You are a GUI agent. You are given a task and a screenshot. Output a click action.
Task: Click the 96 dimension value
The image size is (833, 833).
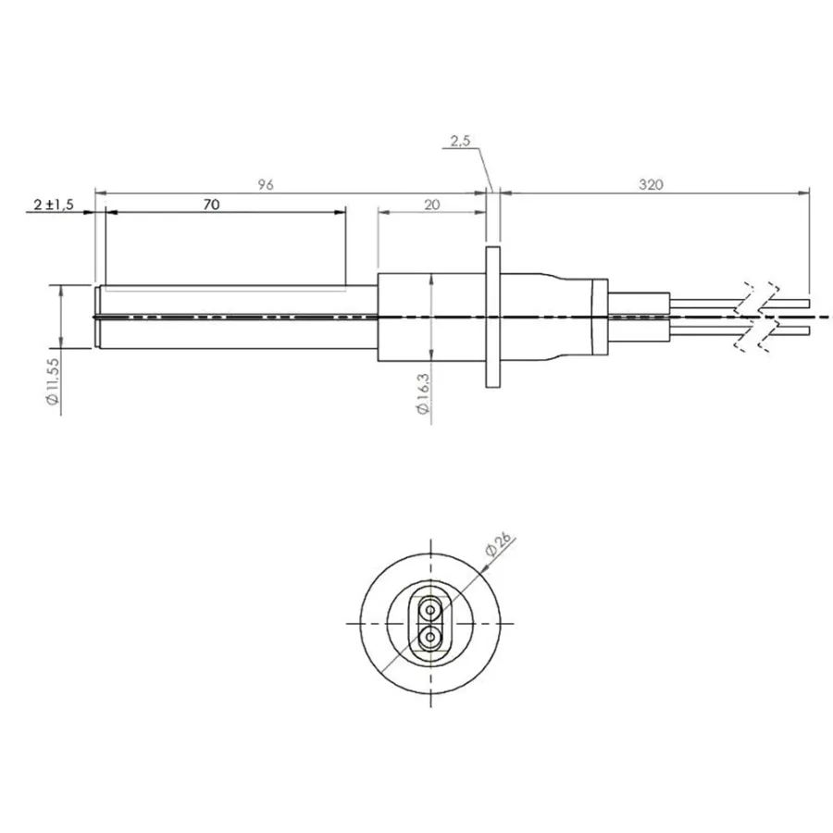point(265,184)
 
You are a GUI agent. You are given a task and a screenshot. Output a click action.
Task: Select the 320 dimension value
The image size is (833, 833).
point(651,184)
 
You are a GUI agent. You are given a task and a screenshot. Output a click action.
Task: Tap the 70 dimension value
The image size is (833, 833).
point(211,205)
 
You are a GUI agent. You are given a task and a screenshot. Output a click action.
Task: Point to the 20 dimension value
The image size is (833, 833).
point(432,205)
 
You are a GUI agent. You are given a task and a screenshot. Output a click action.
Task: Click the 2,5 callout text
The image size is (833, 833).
point(460,141)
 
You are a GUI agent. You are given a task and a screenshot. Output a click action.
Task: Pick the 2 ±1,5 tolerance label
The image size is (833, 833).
point(54,205)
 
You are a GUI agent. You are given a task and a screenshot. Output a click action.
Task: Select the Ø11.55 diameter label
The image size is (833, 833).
point(53,382)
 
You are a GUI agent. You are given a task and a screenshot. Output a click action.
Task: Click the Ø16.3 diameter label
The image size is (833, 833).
point(423,393)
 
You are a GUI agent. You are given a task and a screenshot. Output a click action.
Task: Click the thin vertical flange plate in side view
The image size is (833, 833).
point(493,317)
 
